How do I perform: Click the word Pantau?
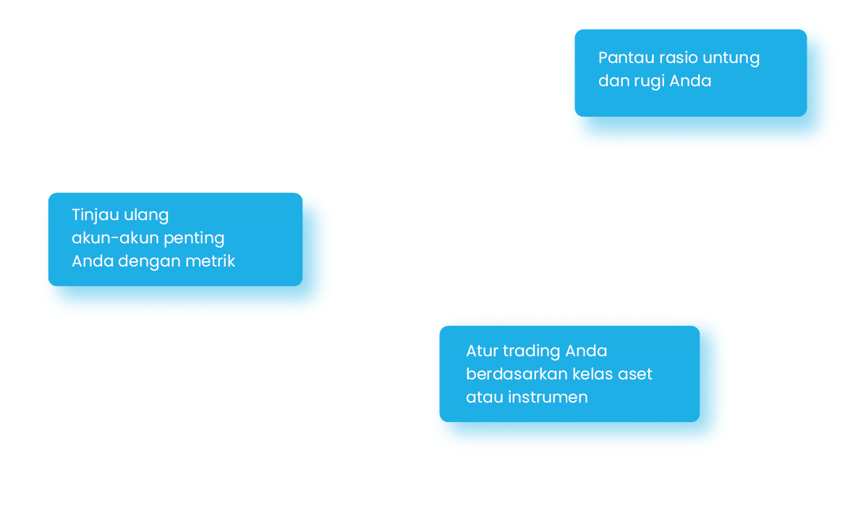click(621, 58)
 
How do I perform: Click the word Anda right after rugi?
click(690, 81)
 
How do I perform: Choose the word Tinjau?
click(94, 215)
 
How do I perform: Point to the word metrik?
click(211, 261)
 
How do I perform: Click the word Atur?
click(481, 351)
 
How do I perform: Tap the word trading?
click(532, 352)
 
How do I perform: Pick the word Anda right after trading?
click(586, 351)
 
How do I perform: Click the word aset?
click(636, 374)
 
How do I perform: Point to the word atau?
click(482, 397)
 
